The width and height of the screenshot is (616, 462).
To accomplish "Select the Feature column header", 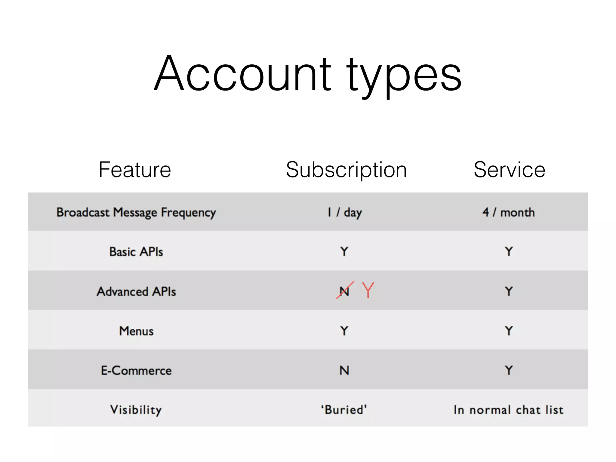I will (135, 170).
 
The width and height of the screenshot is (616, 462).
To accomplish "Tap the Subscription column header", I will (346, 170).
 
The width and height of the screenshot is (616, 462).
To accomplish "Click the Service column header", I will (509, 170).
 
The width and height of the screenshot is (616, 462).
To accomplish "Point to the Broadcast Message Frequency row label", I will (136, 213).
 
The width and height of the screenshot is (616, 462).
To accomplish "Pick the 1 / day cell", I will (345, 212).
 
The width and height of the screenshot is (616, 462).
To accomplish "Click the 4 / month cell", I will (509, 212).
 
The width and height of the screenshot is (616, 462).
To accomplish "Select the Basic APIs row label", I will (136, 251).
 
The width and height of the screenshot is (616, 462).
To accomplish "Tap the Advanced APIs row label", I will (136, 291).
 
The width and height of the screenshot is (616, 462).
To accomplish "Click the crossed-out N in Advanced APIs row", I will (344, 291).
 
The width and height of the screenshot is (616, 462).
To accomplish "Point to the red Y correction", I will (368, 290).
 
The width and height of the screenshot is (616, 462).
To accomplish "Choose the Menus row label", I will (136, 331).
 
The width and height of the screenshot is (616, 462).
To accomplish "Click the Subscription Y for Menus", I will (344, 331).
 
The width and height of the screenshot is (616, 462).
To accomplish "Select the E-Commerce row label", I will (136, 370).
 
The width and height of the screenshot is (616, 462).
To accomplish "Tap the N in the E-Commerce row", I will (344, 370).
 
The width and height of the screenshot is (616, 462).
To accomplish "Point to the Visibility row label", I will (136, 410).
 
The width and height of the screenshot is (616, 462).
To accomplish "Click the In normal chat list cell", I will (509, 410).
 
